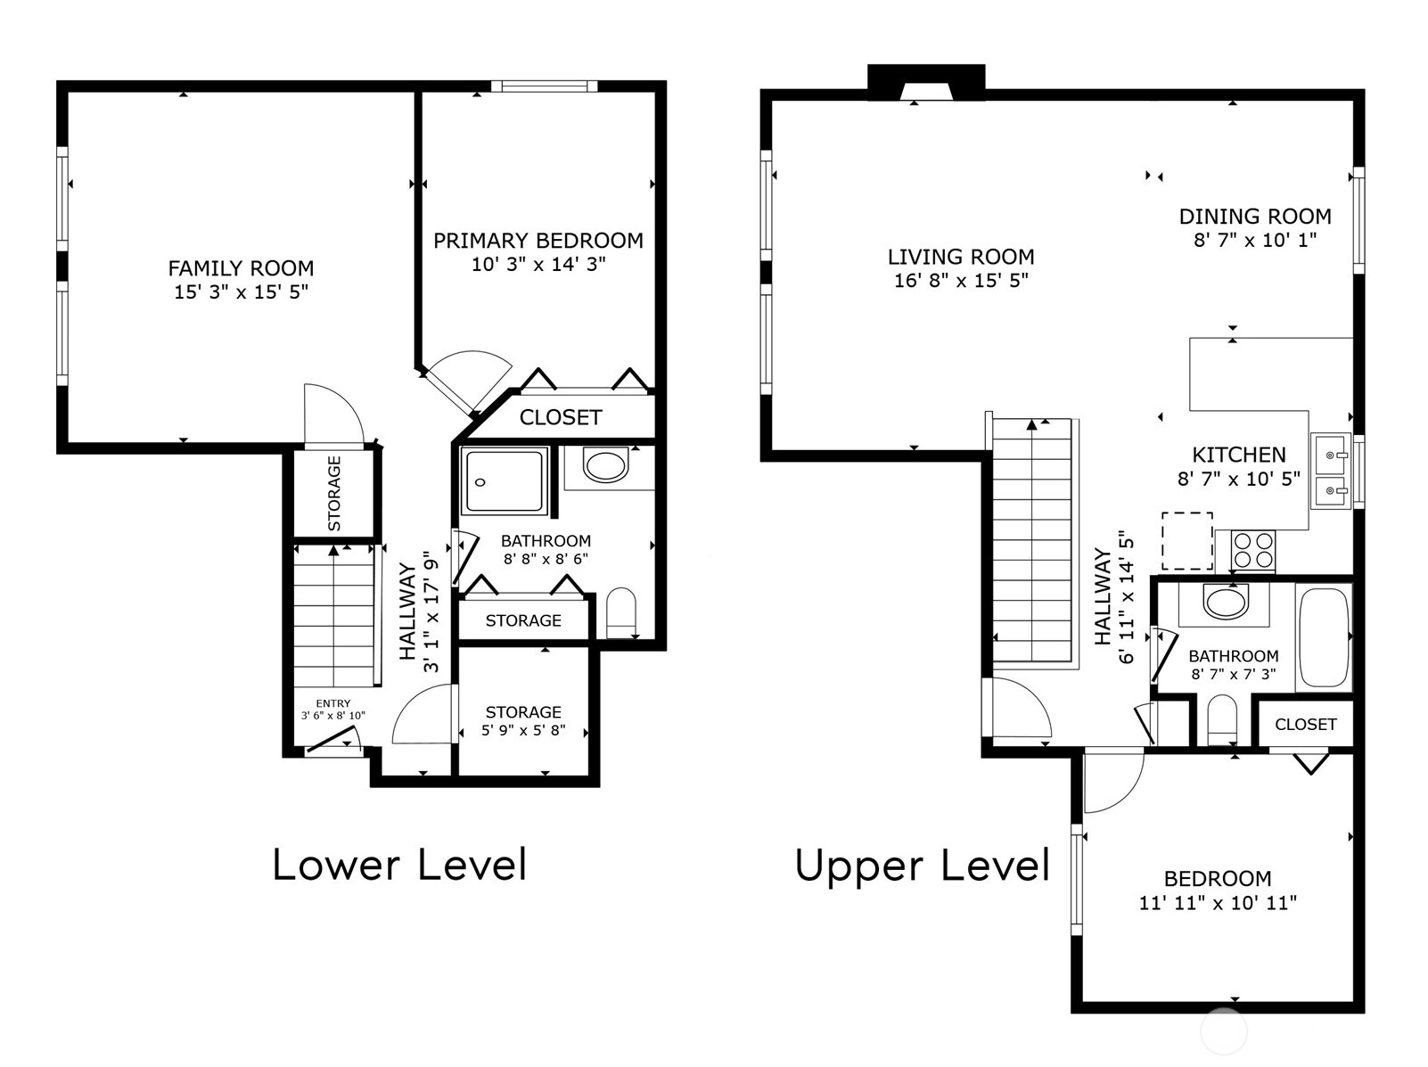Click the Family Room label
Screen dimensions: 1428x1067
coord(241,268)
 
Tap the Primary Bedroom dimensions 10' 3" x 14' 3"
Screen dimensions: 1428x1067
coord(538,264)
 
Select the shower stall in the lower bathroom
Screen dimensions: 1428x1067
coord(504,480)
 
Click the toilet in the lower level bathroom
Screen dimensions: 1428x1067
coord(620,612)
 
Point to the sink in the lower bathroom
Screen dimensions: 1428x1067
coord(605,464)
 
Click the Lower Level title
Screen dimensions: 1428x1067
coord(399,865)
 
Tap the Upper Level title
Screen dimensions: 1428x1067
coord(923,866)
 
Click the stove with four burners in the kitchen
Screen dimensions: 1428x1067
coord(1253,550)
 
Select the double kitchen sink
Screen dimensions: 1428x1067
coord(1331,470)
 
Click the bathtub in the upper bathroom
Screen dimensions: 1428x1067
coord(1323,637)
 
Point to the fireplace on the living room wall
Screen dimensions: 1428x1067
coord(926,82)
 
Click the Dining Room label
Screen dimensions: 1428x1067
coord(1255,216)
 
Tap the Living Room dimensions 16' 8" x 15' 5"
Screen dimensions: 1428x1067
coord(961,281)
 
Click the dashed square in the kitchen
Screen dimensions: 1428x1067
coord(1187,541)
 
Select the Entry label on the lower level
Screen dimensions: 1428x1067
coord(333,703)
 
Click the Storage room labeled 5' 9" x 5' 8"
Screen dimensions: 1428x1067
coord(523,711)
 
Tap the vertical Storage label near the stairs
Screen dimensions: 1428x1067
coord(333,493)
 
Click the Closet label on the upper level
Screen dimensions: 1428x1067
coord(1306,724)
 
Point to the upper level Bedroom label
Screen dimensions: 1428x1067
coord(1218,879)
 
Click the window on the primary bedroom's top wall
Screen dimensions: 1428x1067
coord(544,86)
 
